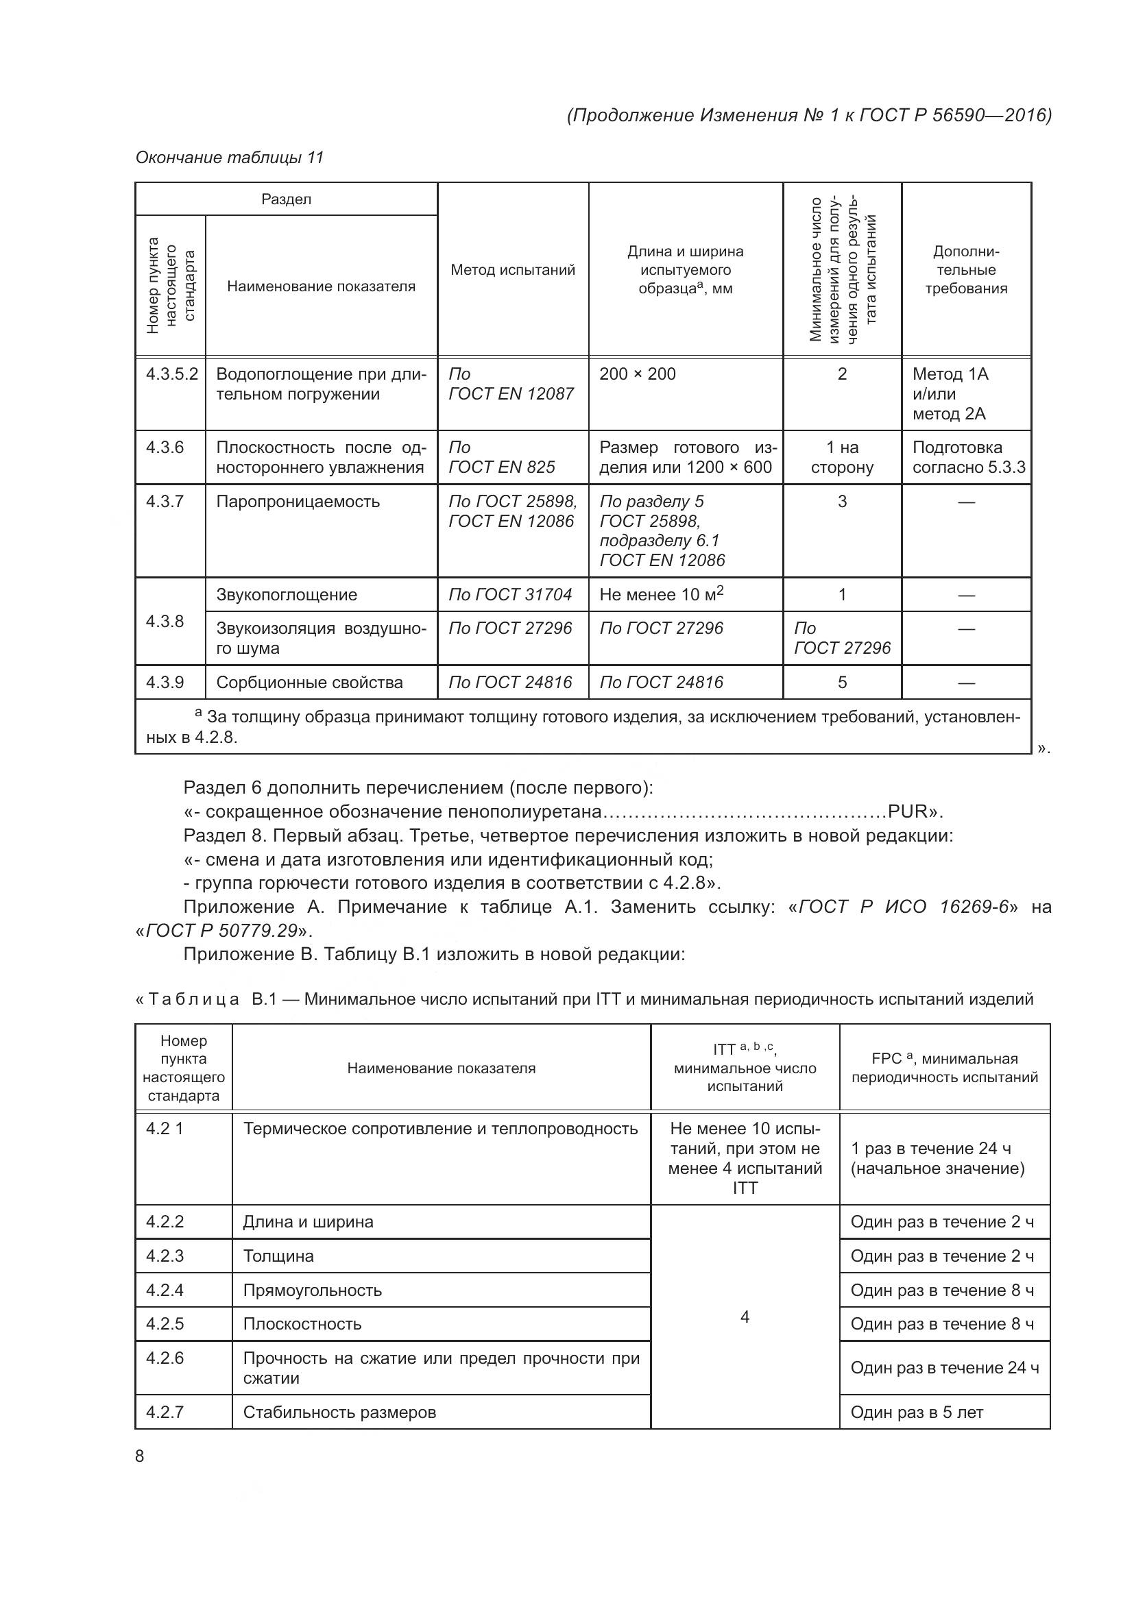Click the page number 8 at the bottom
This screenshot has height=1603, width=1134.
point(140,1456)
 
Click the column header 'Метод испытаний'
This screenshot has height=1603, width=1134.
point(513,270)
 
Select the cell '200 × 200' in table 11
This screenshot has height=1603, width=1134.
point(638,374)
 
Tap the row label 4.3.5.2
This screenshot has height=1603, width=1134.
point(171,374)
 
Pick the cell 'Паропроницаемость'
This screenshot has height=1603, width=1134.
point(298,502)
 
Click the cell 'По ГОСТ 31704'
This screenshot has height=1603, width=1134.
point(509,595)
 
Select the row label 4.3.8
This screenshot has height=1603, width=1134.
point(165,622)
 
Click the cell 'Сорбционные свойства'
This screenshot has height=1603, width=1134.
point(309,683)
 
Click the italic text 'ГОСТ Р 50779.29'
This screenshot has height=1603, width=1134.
point(221,931)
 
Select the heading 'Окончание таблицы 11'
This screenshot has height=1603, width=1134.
point(230,158)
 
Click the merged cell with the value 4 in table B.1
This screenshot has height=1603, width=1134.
point(745,1317)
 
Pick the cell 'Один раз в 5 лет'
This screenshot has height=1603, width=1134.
point(916,1412)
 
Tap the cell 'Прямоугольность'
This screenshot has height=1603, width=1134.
point(312,1290)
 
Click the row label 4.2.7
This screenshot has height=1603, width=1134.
point(165,1412)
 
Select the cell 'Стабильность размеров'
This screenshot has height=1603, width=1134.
point(339,1412)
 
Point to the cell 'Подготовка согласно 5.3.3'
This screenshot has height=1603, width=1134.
point(968,457)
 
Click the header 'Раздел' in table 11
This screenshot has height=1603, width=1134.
point(287,199)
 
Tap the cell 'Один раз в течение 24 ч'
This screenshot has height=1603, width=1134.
point(944,1368)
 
